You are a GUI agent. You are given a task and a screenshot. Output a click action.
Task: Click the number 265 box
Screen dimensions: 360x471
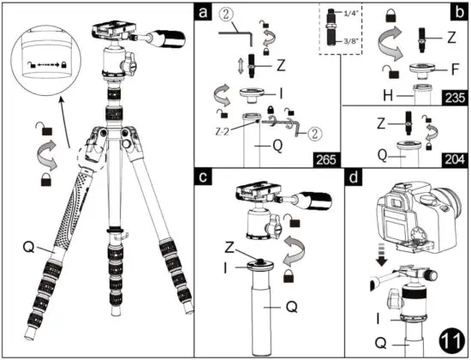[324, 158]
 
